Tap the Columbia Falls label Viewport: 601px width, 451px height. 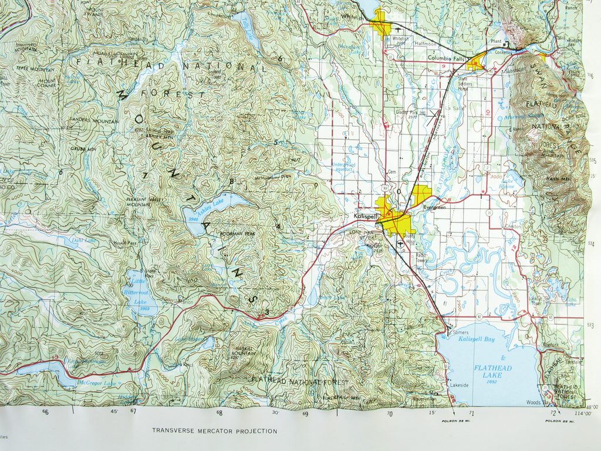pos(445,58)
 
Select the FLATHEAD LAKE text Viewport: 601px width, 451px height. pos(492,372)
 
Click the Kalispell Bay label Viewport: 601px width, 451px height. pos(476,340)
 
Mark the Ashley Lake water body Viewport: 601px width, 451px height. pos(211,208)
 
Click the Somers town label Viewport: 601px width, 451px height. pos(461,332)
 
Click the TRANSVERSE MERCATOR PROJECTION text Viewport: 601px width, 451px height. pos(214,430)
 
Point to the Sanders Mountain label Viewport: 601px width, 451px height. pos(94,120)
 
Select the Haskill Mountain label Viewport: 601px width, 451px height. pos(240,350)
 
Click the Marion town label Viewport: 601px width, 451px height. pos(185,302)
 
